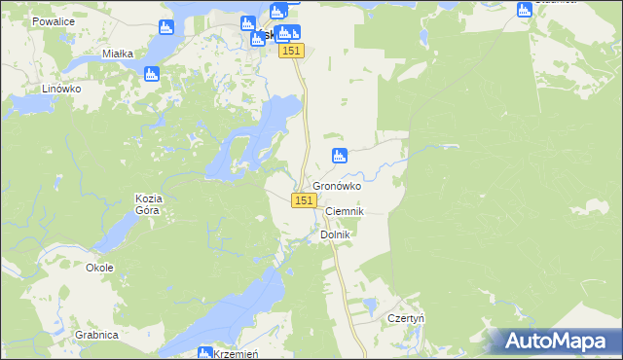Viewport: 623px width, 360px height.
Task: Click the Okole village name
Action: pyautogui.click(x=99, y=268)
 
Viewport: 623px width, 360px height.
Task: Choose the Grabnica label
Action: pyautogui.click(x=95, y=335)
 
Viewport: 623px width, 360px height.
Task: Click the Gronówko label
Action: pyautogui.click(x=337, y=186)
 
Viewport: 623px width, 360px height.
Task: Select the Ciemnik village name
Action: pyautogui.click(x=344, y=211)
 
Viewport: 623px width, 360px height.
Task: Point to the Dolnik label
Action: pyautogui.click(x=334, y=234)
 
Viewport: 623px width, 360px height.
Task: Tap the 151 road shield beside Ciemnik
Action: pyautogui.click(x=304, y=199)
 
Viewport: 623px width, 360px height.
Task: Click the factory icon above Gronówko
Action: pyautogui.click(x=340, y=155)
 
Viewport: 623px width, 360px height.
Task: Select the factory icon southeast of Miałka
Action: pyautogui.click(x=151, y=74)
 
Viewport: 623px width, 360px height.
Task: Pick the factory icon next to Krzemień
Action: pyautogui.click(x=205, y=353)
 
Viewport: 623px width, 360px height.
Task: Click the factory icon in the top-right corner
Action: pyautogui.click(x=524, y=10)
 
